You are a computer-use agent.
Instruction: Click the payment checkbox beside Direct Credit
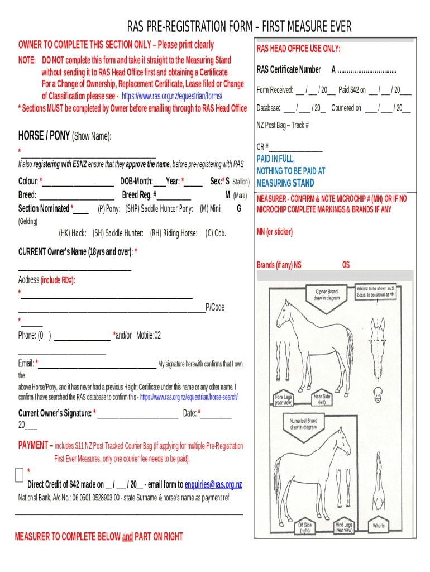tap(19, 475)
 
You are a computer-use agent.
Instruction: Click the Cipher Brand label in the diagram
tap(327, 294)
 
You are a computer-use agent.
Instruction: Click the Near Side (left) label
tap(322, 399)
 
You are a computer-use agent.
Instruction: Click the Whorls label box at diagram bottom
tap(379, 526)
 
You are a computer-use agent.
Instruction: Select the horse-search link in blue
tap(189, 397)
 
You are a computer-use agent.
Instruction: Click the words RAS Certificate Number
tap(289, 70)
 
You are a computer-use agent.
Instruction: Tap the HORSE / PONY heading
tap(44, 136)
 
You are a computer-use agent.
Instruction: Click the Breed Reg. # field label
tap(139, 195)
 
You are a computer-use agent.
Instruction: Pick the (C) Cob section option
tap(216, 233)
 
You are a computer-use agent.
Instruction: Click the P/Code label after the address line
tap(216, 307)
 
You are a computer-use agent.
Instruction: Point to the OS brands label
tap(346, 265)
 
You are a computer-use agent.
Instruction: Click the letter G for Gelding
tap(239, 208)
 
